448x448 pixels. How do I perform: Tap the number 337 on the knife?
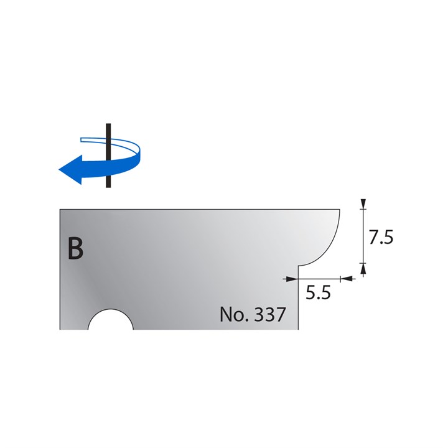tap(270, 314)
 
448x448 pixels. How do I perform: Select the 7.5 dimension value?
tap(380, 239)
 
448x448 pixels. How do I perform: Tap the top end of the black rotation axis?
tap(108, 125)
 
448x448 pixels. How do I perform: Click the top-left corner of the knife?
tap(60, 209)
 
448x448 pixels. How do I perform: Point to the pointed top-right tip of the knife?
tap(339, 210)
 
